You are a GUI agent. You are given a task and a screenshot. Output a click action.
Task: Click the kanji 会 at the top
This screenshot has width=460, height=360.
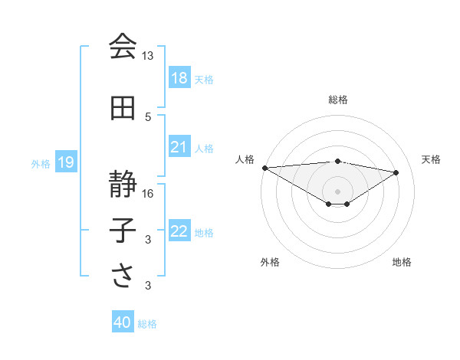coord(123,47)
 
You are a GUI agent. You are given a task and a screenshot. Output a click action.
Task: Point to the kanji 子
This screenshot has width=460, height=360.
coord(123,231)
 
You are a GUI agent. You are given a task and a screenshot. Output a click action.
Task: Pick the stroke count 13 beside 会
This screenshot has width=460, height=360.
coord(148,56)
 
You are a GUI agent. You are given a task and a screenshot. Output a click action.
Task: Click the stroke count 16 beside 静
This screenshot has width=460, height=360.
coord(148,193)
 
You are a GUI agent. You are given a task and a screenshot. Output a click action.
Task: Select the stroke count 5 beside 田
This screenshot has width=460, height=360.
coord(148,116)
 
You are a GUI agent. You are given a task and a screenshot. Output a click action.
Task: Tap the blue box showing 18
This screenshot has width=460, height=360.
coord(179,78)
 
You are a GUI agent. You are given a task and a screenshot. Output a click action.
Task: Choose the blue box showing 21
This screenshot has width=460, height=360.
coord(179,147)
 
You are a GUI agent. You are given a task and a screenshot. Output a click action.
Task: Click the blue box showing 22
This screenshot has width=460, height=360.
coord(179,231)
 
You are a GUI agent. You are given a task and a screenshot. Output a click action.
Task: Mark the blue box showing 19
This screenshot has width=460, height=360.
coord(66,162)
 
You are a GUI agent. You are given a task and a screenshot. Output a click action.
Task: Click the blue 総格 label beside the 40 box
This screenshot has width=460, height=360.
coord(148,324)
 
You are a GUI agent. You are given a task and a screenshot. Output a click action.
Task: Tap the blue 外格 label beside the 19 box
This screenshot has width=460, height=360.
coord(41,163)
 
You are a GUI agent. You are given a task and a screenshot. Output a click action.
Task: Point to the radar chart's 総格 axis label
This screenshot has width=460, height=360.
coord(337,100)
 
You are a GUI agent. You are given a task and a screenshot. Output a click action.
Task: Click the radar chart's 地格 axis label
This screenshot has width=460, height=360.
coord(402,262)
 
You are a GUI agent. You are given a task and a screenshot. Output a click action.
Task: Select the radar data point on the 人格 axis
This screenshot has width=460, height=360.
coord(264,168)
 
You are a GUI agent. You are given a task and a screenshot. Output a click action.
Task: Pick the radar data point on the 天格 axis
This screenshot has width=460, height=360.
coord(396,172)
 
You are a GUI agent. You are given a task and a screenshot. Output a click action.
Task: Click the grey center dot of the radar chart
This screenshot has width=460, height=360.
coord(337,190)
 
